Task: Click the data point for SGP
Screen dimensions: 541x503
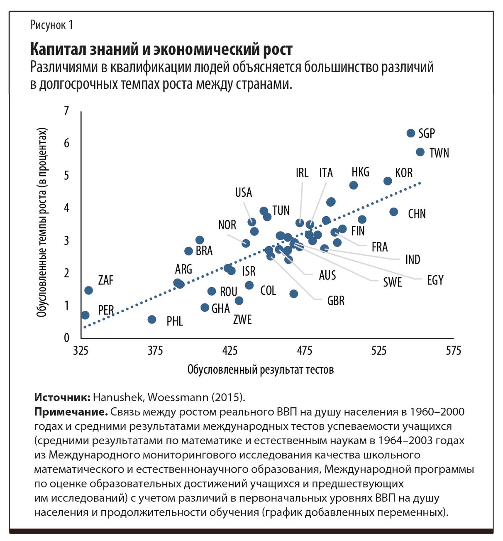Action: coord(411,133)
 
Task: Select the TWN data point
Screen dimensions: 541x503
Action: coord(420,152)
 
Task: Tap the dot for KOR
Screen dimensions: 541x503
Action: coord(388,181)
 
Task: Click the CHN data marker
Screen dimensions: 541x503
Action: coord(394,212)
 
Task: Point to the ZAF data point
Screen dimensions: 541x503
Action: coord(88,290)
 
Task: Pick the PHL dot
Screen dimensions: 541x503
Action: coord(152,319)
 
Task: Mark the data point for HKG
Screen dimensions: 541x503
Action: coord(354,185)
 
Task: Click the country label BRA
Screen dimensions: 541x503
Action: coord(204,251)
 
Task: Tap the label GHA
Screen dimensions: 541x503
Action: coord(220,308)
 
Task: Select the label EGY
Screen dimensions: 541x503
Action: coord(435,281)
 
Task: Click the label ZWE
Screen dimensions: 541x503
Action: coord(242,320)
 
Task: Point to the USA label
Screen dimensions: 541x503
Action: coord(244,193)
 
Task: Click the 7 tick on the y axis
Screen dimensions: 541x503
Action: coord(66,111)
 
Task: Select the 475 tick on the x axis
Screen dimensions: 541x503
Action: coord(305,351)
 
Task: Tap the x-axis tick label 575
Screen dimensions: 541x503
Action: coord(453,351)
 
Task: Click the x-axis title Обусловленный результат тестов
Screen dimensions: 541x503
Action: coord(261,370)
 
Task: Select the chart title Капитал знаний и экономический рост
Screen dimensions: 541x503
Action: coord(161,49)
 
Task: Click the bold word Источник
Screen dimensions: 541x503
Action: coord(62,397)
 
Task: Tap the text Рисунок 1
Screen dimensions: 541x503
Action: coord(51,25)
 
